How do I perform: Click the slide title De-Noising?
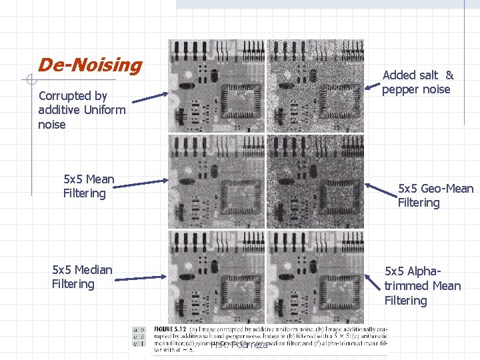(x=90, y=65)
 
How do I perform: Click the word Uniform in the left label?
(x=102, y=110)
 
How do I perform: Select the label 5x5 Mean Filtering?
(x=89, y=186)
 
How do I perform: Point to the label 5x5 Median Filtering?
(x=82, y=277)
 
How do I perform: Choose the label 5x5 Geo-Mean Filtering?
(x=435, y=195)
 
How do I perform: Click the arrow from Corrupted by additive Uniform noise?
(x=150, y=98)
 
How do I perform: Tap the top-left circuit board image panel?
(x=216, y=85)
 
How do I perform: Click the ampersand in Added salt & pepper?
(x=449, y=75)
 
